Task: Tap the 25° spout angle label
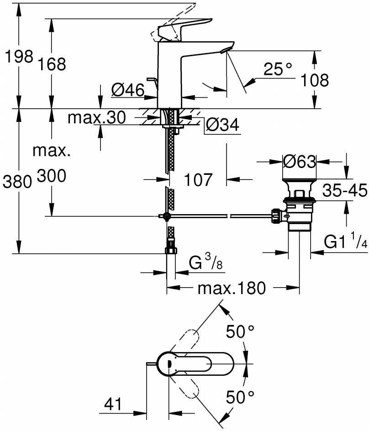click(x=278, y=69)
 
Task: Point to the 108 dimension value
click(x=314, y=80)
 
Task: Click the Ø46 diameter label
click(x=128, y=90)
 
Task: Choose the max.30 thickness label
click(x=96, y=118)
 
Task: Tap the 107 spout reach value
click(x=199, y=179)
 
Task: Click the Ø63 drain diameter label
click(x=300, y=162)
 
